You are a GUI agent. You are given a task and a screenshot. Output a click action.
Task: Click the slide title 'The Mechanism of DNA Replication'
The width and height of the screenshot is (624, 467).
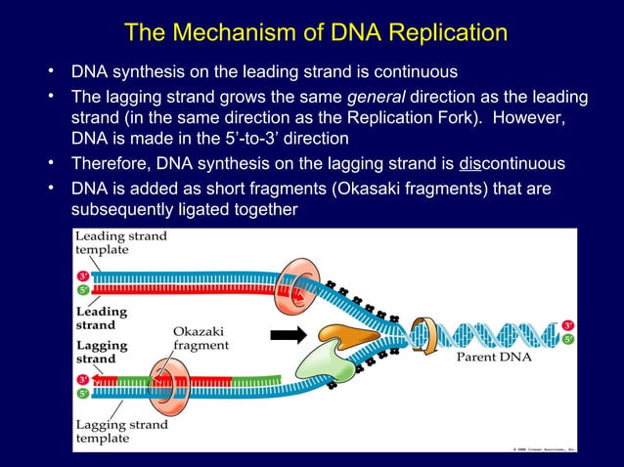[x=316, y=33]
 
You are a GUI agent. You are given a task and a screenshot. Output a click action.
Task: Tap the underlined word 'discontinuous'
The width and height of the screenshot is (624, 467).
[x=512, y=161]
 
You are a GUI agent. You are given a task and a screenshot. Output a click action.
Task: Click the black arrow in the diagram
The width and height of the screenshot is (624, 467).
[x=289, y=337]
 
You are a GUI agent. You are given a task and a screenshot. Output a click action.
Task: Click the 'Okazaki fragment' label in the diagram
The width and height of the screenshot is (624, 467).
[x=201, y=338]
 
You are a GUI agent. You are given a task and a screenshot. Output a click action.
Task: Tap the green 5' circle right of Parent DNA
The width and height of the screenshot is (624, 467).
[x=568, y=339]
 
